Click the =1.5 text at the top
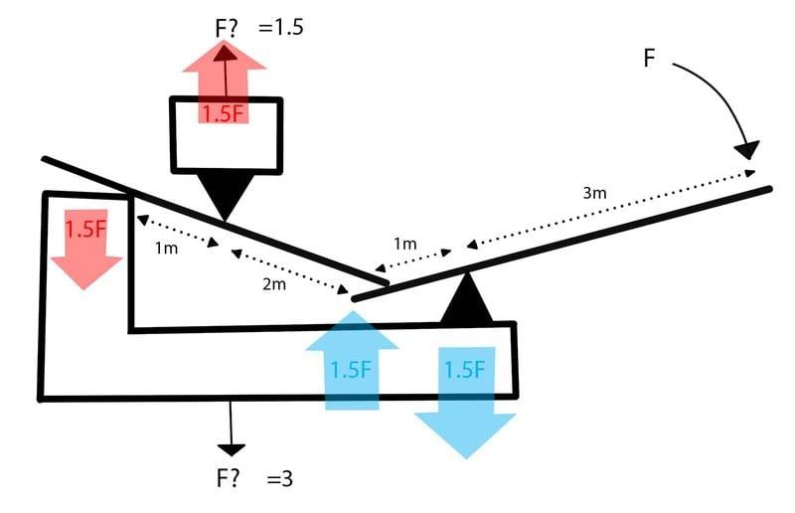point(280,27)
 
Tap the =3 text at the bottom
point(280,478)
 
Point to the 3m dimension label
point(593,193)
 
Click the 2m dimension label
point(273,285)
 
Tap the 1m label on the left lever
point(166,248)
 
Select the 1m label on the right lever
point(404,244)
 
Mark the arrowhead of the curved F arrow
point(747,149)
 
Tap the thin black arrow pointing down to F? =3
point(232,427)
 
